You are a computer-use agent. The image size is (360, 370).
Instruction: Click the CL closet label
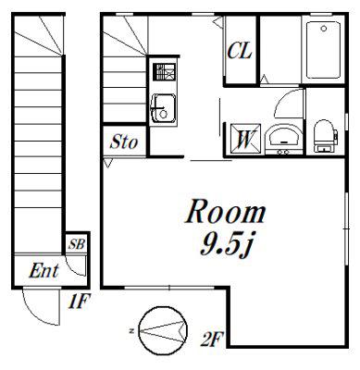[240, 51]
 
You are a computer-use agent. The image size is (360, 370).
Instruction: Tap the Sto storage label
[124, 142]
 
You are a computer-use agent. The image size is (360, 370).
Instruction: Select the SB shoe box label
[77, 244]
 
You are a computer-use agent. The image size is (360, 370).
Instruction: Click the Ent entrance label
[43, 271]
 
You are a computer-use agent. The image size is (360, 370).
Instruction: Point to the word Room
[226, 212]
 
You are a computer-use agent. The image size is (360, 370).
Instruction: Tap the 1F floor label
[80, 302]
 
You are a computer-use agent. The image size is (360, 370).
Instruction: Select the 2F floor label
[212, 339]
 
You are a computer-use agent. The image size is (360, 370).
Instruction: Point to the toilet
[325, 136]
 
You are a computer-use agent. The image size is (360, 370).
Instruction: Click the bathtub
[323, 49]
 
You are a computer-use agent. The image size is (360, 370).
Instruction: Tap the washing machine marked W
[245, 139]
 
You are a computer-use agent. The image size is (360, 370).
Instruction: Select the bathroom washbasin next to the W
[283, 139]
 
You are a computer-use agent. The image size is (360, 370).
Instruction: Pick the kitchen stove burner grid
[165, 72]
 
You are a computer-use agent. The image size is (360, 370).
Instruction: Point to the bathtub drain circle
[323, 29]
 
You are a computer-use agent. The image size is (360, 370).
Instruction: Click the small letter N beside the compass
[131, 331]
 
